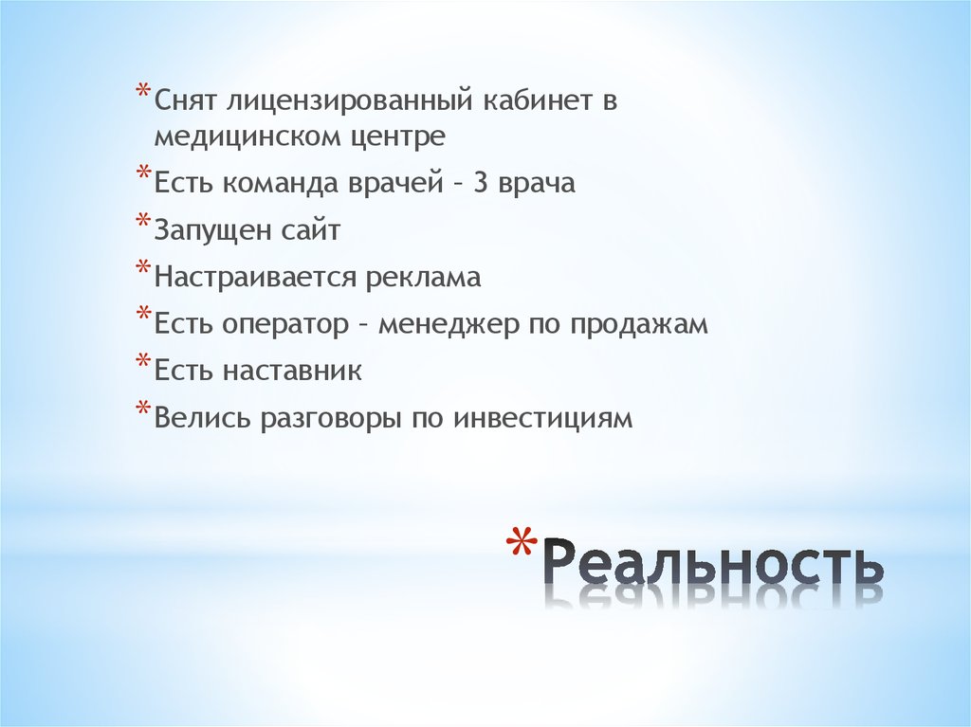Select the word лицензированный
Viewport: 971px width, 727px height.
pos(355,101)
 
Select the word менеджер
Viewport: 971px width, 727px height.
pos(448,325)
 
